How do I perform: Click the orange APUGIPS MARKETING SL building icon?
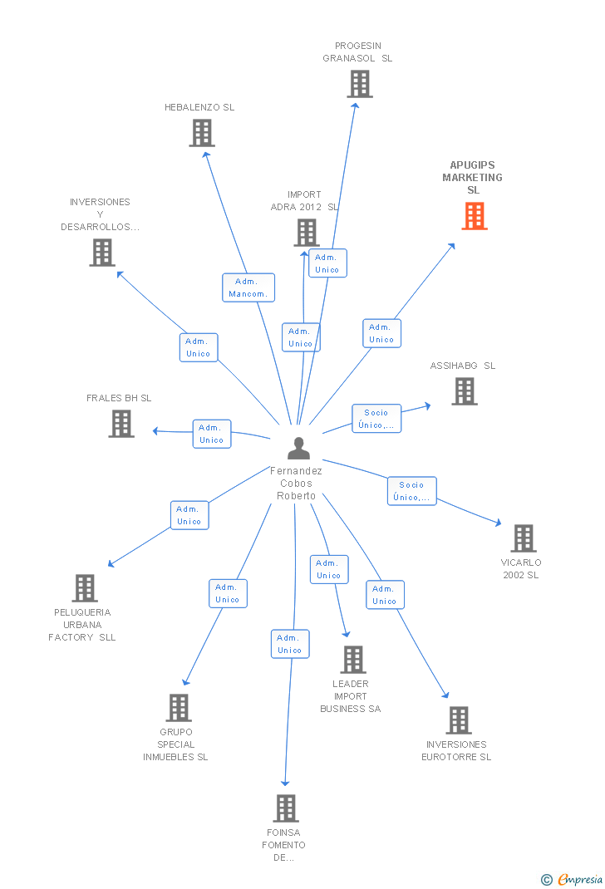click(x=475, y=216)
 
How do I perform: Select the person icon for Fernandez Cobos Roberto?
click(x=299, y=448)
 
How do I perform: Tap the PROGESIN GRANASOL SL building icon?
click(x=360, y=84)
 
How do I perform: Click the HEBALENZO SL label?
click(x=199, y=107)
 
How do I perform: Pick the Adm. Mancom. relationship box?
click(x=248, y=287)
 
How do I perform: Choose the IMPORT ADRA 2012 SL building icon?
click(x=307, y=233)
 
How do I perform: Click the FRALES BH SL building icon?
click(x=121, y=424)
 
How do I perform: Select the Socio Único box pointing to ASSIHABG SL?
click(x=376, y=419)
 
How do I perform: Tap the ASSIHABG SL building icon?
click(x=465, y=391)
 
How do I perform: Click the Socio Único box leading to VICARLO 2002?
click(x=412, y=491)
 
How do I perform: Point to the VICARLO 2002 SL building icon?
click(x=524, y=538)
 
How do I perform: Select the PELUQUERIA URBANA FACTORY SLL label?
click(x=82, y=625)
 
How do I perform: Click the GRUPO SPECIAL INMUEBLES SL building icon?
click(x=179, y=708)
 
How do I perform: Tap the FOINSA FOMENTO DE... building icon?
click(x=286, y=808)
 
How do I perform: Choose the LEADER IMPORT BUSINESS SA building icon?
click(x=353, y=660)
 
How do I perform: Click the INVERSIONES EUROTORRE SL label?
click(x=456, y=750)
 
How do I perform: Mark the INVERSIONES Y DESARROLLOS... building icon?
click(x=102, y=253)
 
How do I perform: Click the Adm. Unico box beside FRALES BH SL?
click(x=212, y=434)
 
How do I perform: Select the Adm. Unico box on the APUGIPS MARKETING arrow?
click(x=382, y=333)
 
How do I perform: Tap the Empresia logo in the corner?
click(x=572, y=879)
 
